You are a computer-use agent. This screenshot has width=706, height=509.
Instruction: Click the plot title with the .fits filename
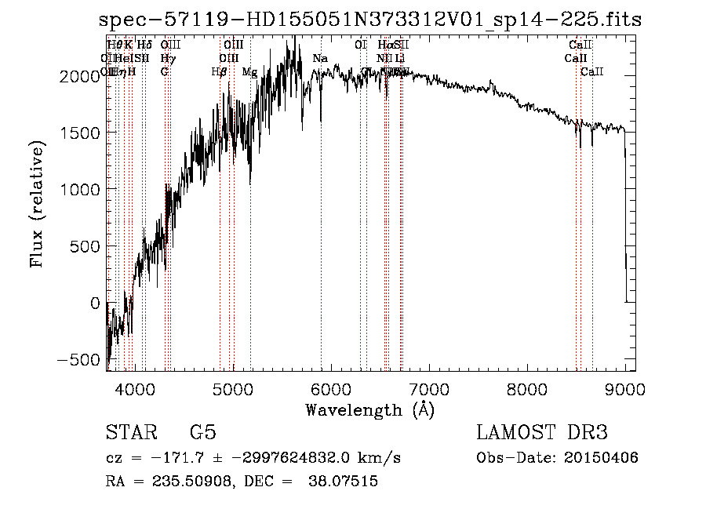369,20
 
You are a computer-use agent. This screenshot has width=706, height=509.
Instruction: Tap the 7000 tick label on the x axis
428,389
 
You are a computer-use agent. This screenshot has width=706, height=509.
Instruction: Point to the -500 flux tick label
78,360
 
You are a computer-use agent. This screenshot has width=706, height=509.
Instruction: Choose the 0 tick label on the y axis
95,303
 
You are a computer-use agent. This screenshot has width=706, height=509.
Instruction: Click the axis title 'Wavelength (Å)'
369,410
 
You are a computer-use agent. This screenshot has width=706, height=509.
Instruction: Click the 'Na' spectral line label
319,58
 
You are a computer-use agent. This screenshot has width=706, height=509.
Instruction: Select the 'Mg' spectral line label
249,72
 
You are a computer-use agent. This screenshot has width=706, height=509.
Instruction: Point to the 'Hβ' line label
219,72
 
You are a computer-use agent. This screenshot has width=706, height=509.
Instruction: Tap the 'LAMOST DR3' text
542,433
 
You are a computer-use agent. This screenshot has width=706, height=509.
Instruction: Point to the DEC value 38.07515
346,482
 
